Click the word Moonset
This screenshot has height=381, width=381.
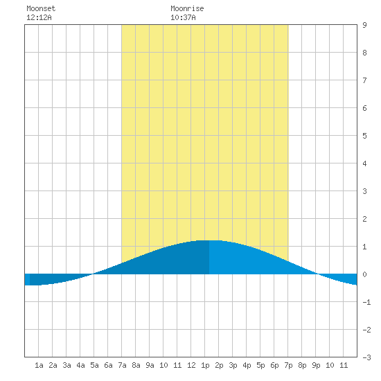point(41,8)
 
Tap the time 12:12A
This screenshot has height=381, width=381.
point(39,17)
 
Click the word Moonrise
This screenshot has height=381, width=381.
point(187,8)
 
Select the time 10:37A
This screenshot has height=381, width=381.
point(183,17)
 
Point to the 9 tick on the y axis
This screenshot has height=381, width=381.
point(364,25)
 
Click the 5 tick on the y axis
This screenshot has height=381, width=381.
point(364,136)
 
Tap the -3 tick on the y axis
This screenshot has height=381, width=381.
point(366,357)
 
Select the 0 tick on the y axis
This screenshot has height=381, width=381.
point(364,274)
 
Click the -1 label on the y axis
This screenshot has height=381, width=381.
point(366,302)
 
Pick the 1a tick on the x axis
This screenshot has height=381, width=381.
point(39,365)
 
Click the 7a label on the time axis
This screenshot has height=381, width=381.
point(122,365)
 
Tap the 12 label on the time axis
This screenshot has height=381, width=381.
point(191,365)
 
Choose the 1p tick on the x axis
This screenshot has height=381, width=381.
point(205,365)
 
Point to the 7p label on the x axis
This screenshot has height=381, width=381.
point(288,365)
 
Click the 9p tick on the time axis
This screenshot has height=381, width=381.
point(316,365)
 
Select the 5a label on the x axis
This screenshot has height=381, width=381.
point(94,365)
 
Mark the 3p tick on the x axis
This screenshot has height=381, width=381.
point(233,365)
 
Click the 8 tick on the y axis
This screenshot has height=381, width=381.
point(364,53)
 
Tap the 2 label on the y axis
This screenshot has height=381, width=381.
point(364,219)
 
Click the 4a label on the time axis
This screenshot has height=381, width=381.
point(80,365)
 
